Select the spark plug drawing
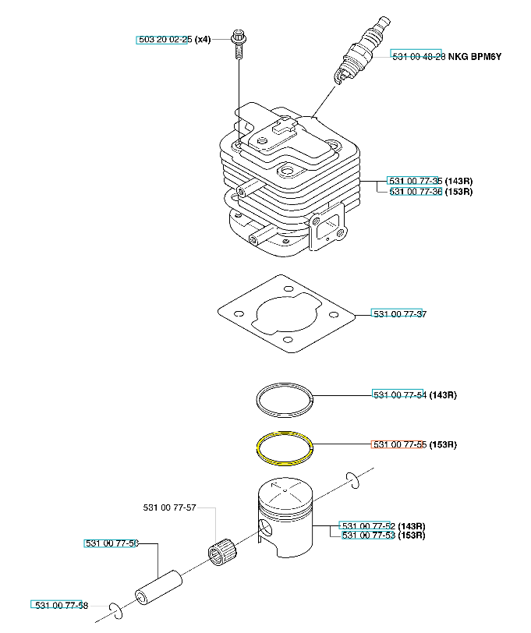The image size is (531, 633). [362, 51]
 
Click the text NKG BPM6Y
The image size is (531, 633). [475, 56]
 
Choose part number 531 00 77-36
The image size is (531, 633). [416, 191]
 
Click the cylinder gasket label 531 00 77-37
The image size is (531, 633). [400, 313]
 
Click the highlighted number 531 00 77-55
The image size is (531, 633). [400, 444]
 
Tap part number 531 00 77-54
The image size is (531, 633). [400, 394]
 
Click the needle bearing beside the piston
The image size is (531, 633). [222, 552]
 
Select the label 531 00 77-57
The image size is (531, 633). [170, 507]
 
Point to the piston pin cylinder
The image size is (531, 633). [158, 587]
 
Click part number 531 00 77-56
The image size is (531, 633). [112, 543]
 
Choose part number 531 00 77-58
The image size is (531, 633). [62, 605]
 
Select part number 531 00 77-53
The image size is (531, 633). [368, 536]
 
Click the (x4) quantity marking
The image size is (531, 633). [203, 40]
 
